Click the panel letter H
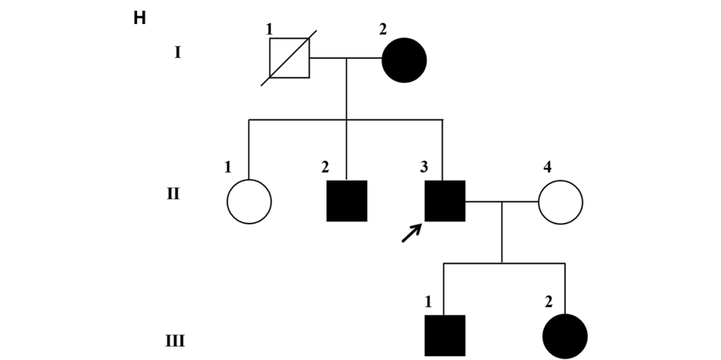pyautogui.click(x=139, y=19)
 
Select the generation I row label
pyautogui.click(x=177, y=53)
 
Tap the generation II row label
pyautogui.click(x=173, y=194)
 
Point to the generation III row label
pyautogui.click(x=175, y=341)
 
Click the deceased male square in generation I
pyautogui.click(x=289, y=58)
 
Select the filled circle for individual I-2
pyautogui.click(x=404, y=60)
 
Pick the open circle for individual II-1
pyautogui.click(x=249, y=201)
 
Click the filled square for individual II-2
pyautogui.click(x=347, y=201)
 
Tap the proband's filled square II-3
pyautogui.click(x=445, y=201)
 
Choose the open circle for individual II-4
pyautogui.click(x=560, y=201)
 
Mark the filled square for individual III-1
pyautogui.click(x=445, y=335)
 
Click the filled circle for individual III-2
pyautogui.click(x=565, y=337)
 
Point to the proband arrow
pyautogui.click(x=412, y=231)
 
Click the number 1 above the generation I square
pyautogui.click(x=269, y=29)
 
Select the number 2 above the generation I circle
pyautogui.click(x=383, y=29)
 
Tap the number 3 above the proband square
pyautogui.click(x=423, y=166)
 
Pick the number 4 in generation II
pyautogui.click(x=548, y=166)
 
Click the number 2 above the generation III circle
pyautogui.click(x=549, y=301)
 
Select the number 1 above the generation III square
pyautogui.click(x=428, y=301)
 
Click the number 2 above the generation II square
pyautogui.click(x=326, y=166)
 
